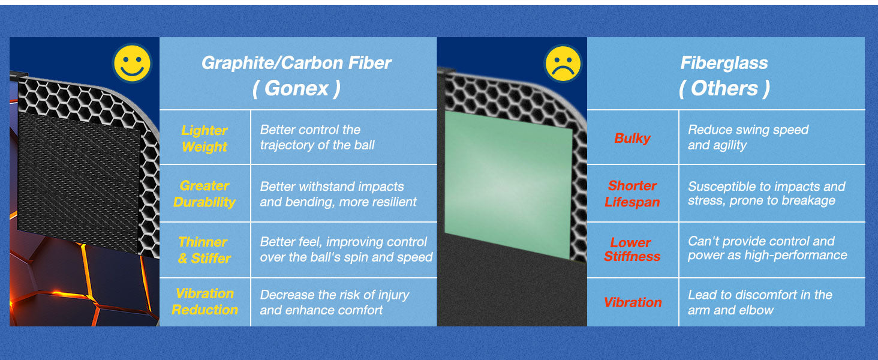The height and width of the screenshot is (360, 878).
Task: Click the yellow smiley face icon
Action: coord(132,63)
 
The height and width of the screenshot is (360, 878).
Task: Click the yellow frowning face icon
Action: coord(563,64)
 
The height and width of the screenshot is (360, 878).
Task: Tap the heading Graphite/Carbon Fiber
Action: coord(297,63)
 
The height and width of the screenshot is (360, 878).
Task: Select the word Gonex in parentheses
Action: coord(296,88)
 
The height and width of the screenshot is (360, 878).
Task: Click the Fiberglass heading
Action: coord(724,63)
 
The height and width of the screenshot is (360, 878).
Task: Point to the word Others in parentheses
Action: coord(724,88)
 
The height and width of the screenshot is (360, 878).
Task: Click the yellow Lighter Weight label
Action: coord(205,139)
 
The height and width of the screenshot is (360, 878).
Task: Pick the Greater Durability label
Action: coord(205,194)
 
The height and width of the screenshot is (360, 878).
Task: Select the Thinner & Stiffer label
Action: coord(204,250)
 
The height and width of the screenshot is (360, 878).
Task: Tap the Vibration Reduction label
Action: coord(205,302)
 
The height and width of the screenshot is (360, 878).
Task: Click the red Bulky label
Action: coord(632,138)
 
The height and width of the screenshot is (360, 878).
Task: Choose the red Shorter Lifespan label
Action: coord(632,194)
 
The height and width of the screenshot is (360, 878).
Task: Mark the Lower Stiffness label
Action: coord(632,250)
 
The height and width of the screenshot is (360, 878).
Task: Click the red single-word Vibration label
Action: coord(633,302)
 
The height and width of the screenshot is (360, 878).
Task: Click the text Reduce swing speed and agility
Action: coord(748,137)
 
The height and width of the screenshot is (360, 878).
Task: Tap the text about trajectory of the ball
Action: coord(317,137)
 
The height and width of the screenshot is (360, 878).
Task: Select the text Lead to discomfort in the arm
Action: coord(760,302)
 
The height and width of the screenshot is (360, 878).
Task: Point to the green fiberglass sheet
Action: coord(509,184)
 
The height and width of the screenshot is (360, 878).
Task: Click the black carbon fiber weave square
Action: coord(79,182)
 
